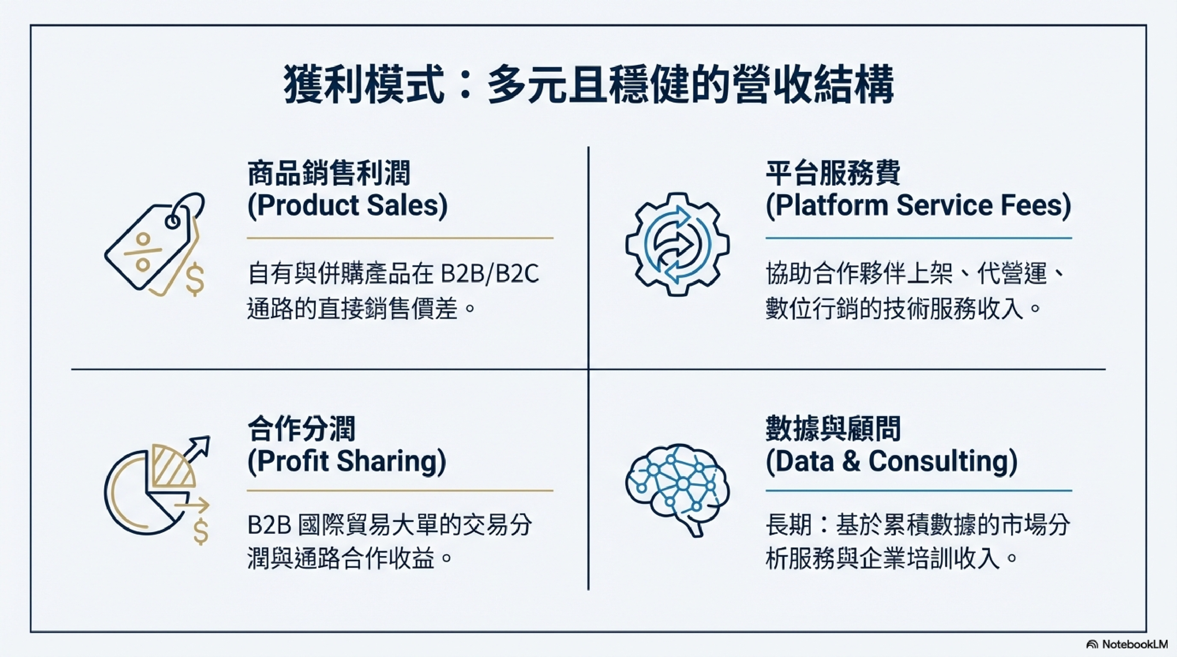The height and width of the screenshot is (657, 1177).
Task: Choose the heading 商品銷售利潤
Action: [329, 173]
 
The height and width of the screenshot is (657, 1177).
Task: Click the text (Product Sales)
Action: [347, 206]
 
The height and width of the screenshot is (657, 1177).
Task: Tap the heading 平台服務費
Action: [833, 173]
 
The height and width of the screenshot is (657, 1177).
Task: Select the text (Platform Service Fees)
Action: [918, 206]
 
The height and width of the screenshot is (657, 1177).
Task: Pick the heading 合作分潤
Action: [302, 429]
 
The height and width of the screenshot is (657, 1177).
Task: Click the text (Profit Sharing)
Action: [346, 462]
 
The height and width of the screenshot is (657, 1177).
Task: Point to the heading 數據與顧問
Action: [833, 429]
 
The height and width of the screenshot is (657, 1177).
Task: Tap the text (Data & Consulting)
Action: [891, 462]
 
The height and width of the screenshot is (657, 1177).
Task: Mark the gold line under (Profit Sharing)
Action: [400, 491]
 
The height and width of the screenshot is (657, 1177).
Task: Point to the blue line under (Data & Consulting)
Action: [919, 491]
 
